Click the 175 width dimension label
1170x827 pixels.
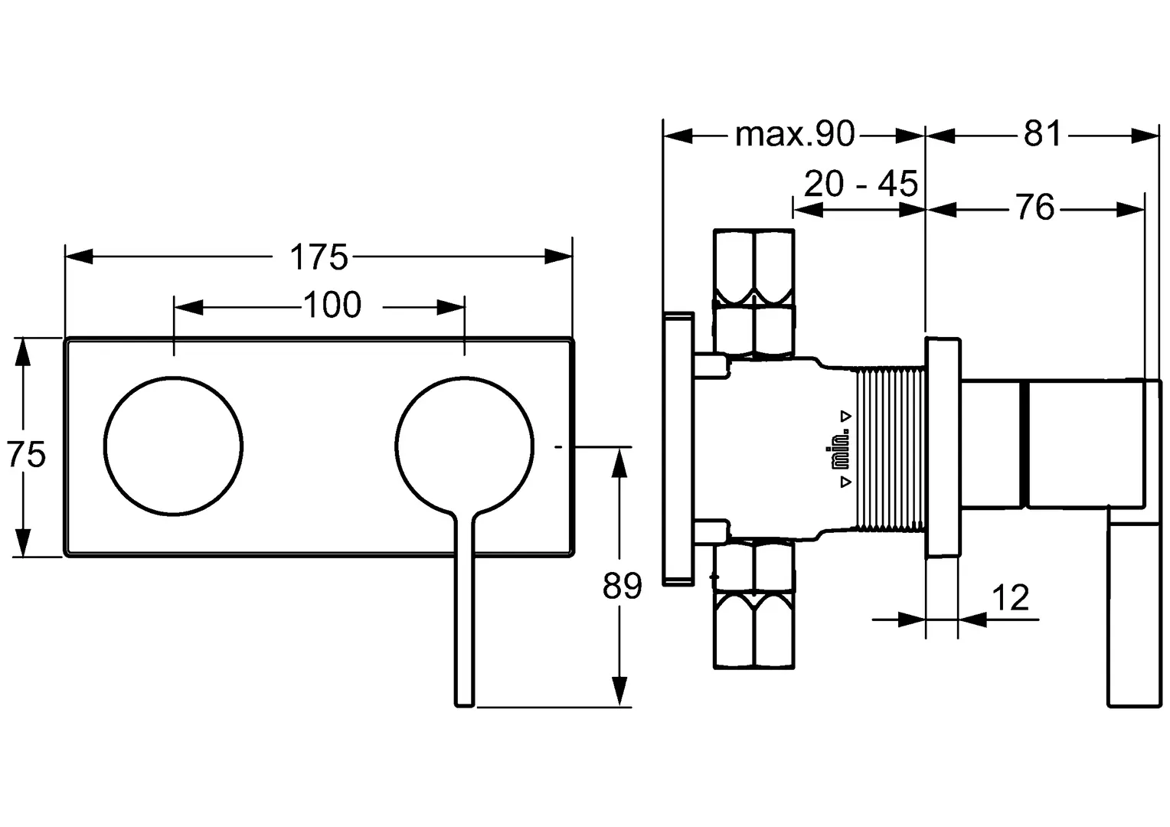click(x=318, y=257)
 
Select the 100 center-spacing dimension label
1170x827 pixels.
click(x=332, y=305)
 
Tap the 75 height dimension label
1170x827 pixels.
click(x=26, y=453)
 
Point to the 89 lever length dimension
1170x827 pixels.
click(x=622, y=586)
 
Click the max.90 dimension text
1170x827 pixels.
click(x=795, y=134)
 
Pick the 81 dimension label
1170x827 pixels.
click(x=1042, y=133)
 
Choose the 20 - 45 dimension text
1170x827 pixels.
click(x=861, y=183)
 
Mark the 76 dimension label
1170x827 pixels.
click(x=1034, y=207)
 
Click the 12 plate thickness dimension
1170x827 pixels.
click(x=1010, y=597)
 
